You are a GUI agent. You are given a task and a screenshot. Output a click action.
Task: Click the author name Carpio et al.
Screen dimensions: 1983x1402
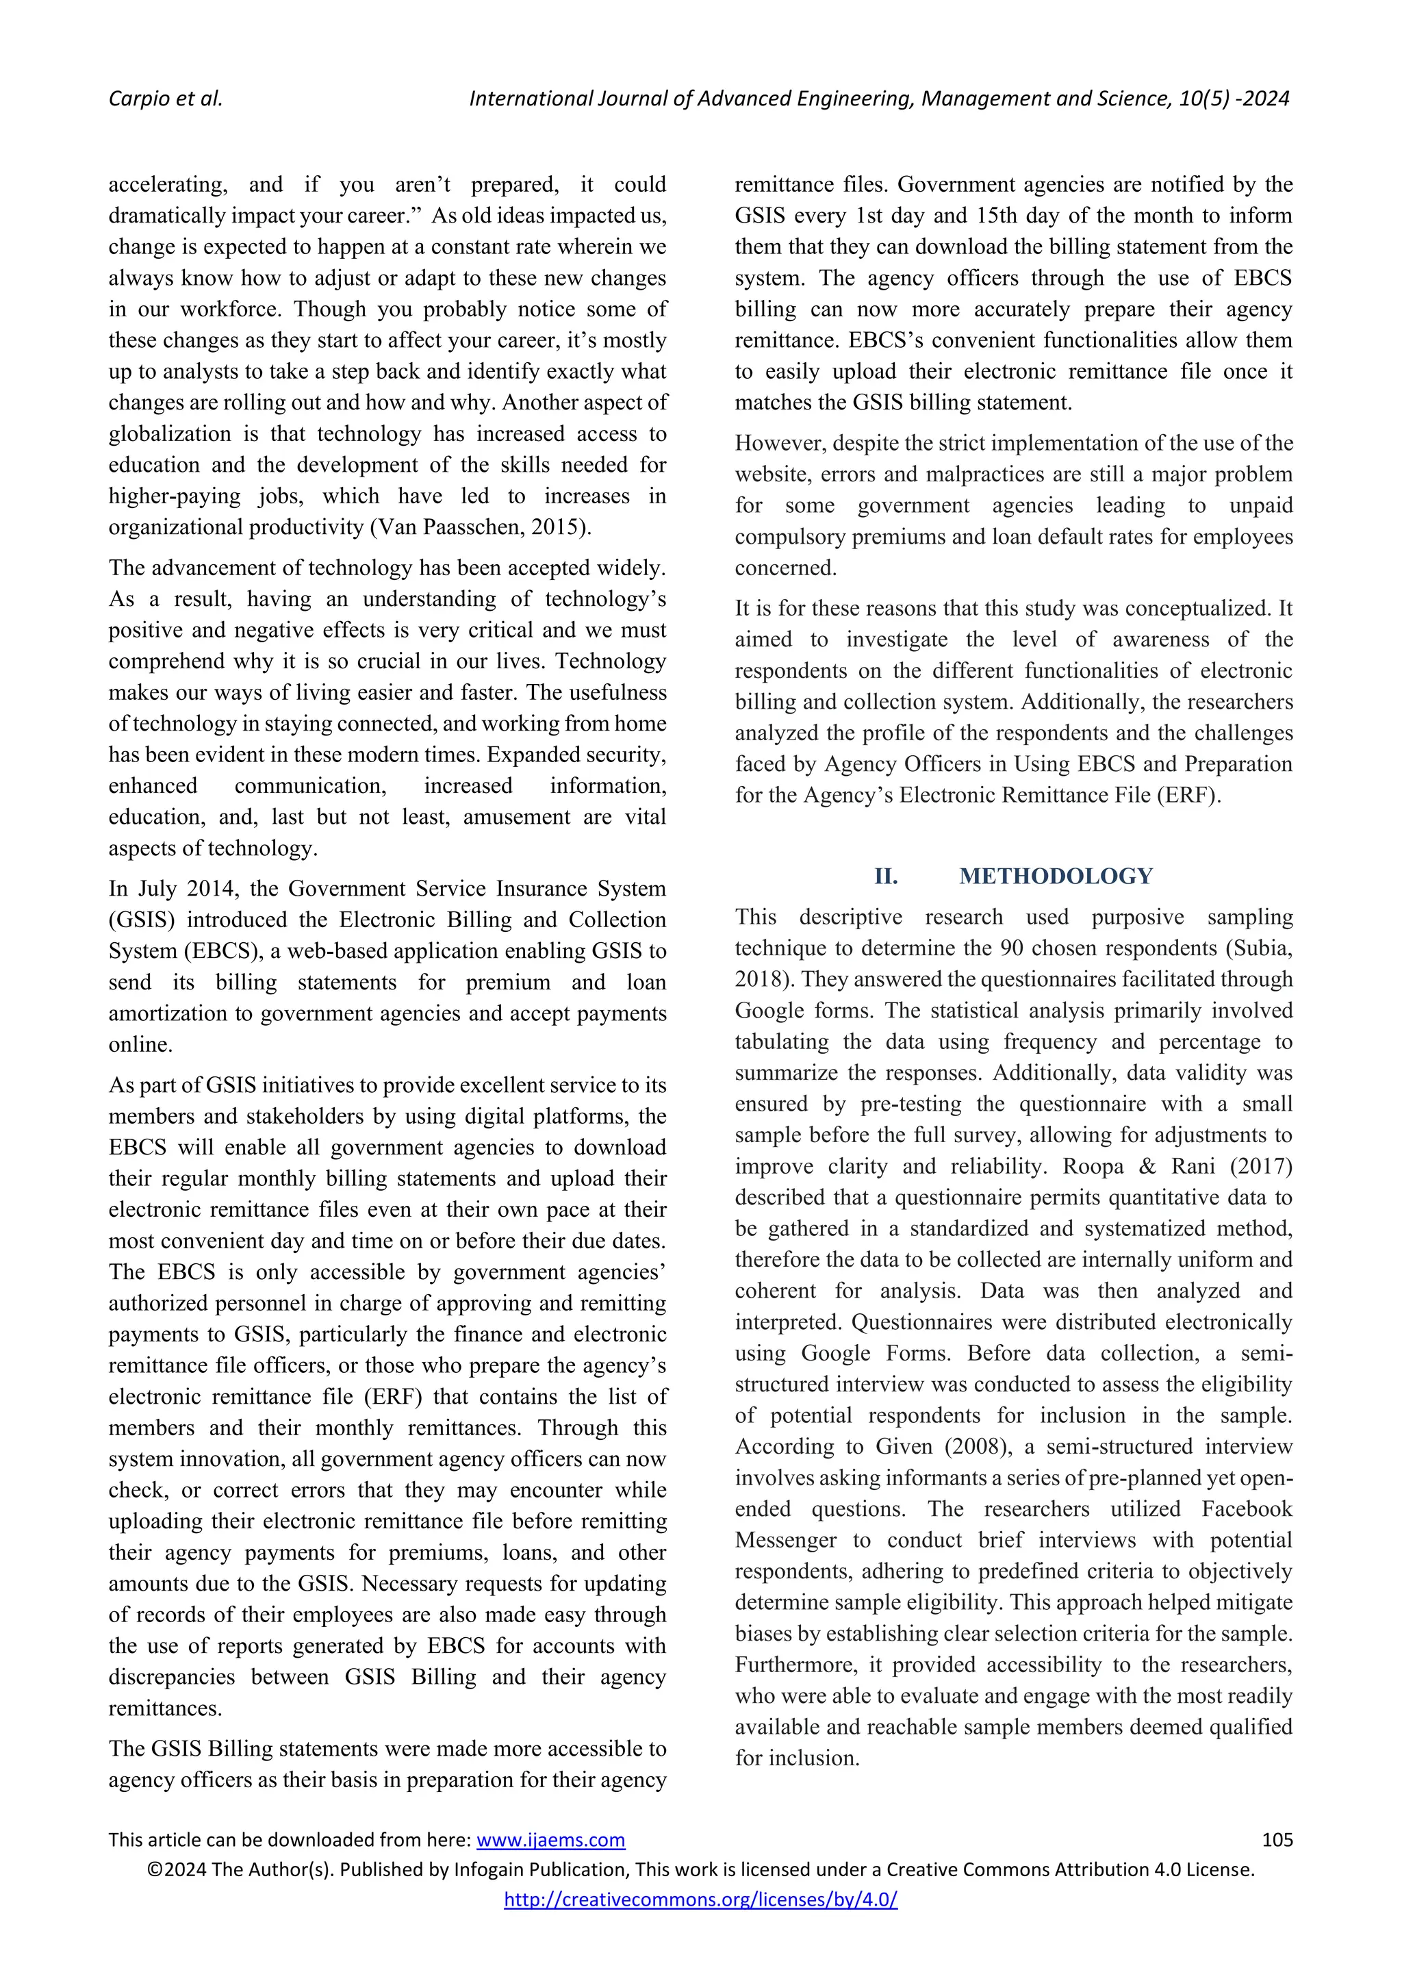point(165,99)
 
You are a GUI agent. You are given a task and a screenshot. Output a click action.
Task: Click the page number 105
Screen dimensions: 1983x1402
point(1276,1840)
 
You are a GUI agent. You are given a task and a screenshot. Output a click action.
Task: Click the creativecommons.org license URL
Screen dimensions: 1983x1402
point(700,1899)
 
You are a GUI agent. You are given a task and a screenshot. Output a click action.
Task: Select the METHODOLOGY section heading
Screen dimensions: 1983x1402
point(1055,876)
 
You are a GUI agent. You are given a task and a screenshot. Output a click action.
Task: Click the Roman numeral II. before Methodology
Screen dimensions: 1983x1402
point(886,876)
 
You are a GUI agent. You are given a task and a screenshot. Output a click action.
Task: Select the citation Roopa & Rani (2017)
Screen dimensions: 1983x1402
point(1177,1166)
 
